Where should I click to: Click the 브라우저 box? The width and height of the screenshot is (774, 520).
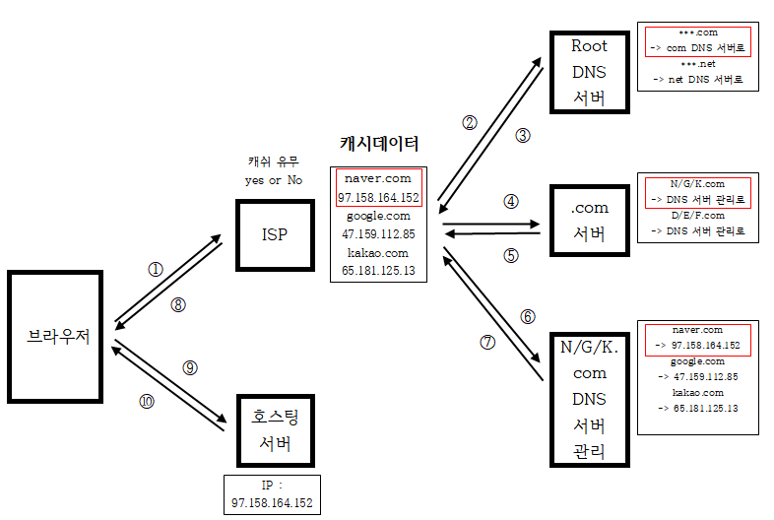[x=58, y=336]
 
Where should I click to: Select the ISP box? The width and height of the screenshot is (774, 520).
[x=274, y=234]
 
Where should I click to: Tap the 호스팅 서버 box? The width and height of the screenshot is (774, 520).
[x=275, y=429]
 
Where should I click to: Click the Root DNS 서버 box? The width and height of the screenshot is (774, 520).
[x=589, y=72]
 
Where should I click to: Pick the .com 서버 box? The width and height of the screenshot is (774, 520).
[x=589, y=221]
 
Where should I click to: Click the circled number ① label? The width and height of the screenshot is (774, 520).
[x=155, y=268]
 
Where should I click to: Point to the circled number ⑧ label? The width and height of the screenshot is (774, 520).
[x=178, y=304]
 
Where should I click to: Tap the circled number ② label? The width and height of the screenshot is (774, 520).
[x=470, y=123]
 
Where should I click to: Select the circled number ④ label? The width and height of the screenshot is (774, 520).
[x=510, y=201]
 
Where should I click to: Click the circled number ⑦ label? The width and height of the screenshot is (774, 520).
[x=486, y=342]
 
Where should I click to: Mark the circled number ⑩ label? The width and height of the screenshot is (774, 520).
[x=147, y=401]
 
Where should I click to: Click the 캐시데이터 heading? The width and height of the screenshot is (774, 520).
[x=379, y=144]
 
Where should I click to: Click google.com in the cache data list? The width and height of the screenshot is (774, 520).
[x=378, y=216]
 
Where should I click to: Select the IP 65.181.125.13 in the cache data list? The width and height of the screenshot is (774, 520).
[x=378, y=269]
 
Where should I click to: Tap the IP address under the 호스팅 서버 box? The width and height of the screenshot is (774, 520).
[x=272, y=503]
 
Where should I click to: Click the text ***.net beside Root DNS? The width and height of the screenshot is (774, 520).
[x=697, y=62]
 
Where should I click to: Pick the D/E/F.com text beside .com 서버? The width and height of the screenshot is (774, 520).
[x=697, y=215]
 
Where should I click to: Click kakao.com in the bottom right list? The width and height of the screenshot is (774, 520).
[x=697, y=392]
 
